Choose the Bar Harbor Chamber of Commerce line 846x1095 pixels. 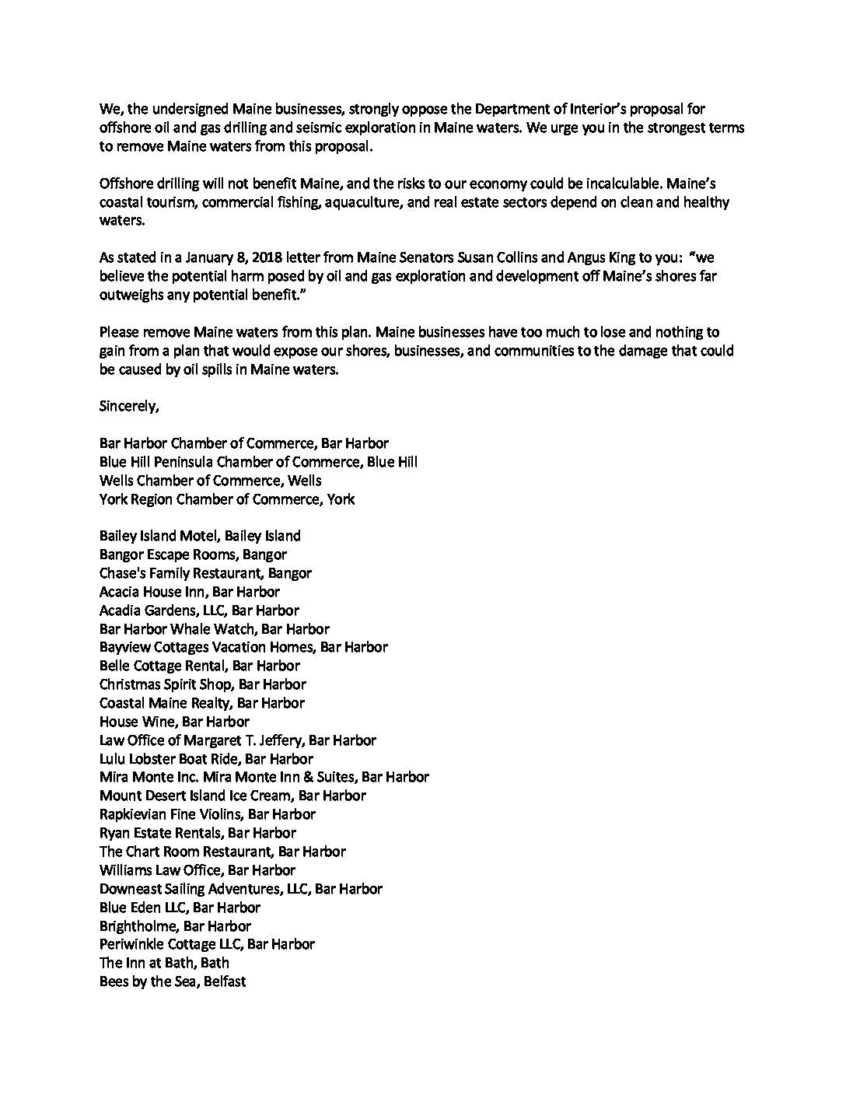(x=243, y=443)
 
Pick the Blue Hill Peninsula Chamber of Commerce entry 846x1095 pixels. (x=258, y=462)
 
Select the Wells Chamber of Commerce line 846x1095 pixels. (x=210, y=481)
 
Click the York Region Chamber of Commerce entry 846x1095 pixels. (x=227, y=499)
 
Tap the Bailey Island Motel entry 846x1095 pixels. (x=200, y=536)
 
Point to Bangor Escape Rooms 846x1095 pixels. (x=193, y=554)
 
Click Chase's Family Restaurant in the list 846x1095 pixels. (x=205, y=573)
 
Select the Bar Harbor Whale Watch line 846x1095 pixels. (x=214, y=628)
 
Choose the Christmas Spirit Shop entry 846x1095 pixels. (x=202, y=684)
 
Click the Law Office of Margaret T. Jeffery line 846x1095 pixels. (x=237, y=740)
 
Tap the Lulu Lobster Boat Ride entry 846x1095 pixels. (x=206, y=759)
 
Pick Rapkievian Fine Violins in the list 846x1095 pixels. (x=207, y=814)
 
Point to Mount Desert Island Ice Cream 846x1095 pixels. (x=232, y=796)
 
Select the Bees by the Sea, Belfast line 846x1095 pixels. (x=172, y=981)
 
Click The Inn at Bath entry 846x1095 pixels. (x=164, y=963)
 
